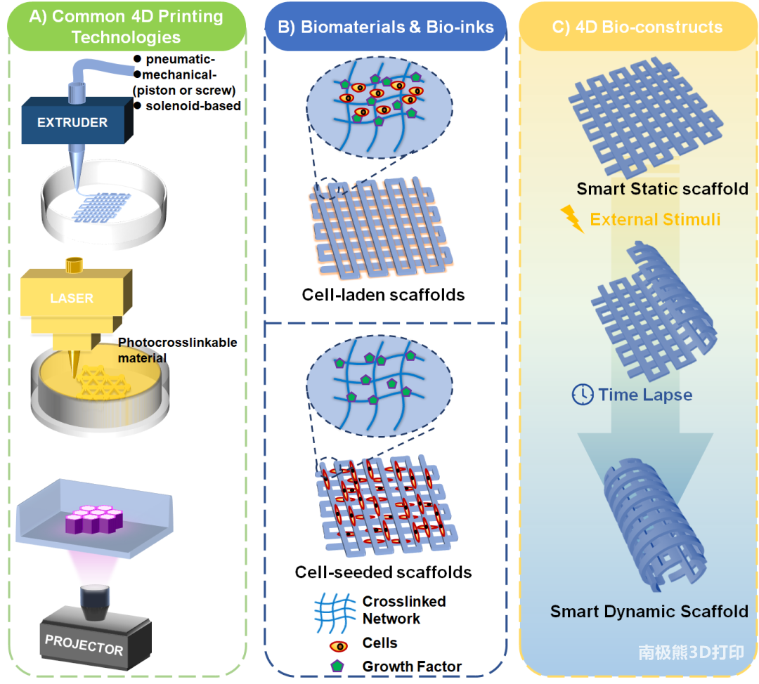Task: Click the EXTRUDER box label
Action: (x=72, y=122)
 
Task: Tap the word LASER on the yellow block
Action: (x=72, y=298)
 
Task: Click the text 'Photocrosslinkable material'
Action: (x=177, y=350)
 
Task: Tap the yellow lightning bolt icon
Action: (x=573, y=219)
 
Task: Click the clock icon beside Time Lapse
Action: (x=582, y=395)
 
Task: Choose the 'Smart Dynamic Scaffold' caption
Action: (x=649, y=611)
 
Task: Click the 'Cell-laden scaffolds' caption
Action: (x=383, y=294)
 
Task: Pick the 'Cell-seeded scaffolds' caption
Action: (x=383, y=572)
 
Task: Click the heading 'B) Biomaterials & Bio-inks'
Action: (x=386, y=27)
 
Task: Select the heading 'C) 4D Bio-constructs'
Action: (x=638, y=27)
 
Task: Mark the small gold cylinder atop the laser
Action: (x=73, y=265)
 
